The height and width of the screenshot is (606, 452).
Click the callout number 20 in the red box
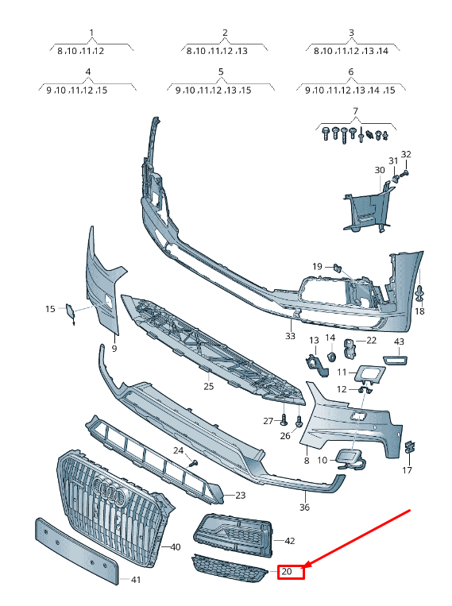coord(288,570)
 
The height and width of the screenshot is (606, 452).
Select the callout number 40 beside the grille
coord(176,546)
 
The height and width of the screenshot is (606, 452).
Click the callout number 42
coord(289,541)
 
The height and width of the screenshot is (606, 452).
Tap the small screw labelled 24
coord(194,461)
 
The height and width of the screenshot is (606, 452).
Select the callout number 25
coord(209,387)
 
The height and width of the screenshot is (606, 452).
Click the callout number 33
coord(290,336)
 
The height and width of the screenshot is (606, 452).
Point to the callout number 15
coord(50,308)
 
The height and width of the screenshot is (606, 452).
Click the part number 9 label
coord(114,348)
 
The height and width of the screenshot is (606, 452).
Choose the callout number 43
coord(399,342)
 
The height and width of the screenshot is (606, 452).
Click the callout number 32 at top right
coord(406,154)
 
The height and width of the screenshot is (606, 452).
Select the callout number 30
coord(379,170)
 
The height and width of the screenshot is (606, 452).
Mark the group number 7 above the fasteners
coord(356,108)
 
